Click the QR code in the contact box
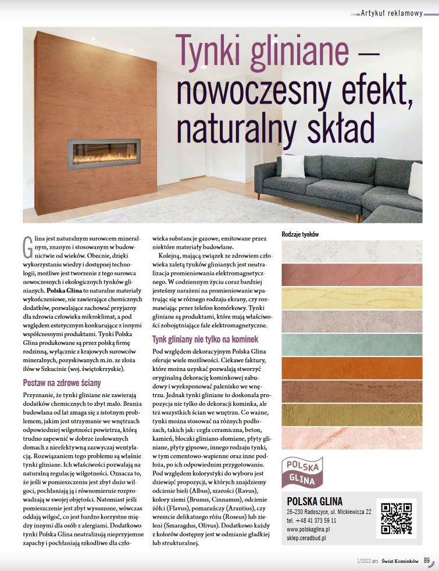pyautogui.click(x=397, y=516)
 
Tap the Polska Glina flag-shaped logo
pyautogui.click(x=302, y=472)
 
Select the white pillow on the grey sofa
pyautogui.click(x=293, y=166)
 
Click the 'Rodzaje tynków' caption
pyautogui.click(x=301, y=234)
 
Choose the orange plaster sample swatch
pyautogui.click(x=352, y=367)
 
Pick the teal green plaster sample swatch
pyautogui.click(x=352, y=344)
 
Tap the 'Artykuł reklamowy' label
pyautogui.click(x=391, y=13)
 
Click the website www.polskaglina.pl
pyautogui.click(x=309, y=529)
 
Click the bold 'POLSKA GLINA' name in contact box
pyautogui.click(x=315, y=501)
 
